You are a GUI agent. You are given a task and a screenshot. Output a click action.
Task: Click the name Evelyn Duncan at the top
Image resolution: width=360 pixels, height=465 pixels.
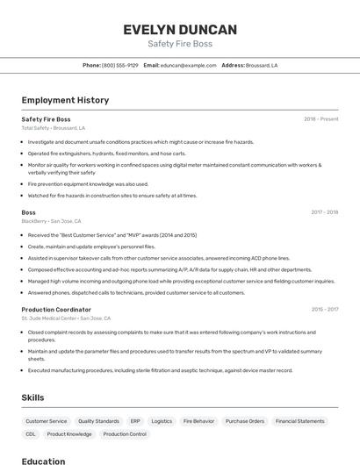[x=180, y=29]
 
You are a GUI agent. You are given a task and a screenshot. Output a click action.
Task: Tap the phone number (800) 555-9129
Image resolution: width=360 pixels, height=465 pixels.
[x=120, y=65]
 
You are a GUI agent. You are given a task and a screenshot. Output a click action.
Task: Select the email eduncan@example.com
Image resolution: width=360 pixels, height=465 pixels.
[x=188, y=65]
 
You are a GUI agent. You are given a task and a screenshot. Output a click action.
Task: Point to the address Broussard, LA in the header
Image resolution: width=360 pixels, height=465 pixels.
[x=262, y=65]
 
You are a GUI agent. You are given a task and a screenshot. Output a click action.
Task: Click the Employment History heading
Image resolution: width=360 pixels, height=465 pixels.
[x=65, y=100]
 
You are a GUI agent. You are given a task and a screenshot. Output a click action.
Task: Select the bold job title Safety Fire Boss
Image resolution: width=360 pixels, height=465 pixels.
[x=46, y=118]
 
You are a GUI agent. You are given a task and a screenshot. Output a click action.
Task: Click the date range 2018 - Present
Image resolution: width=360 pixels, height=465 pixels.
[x=320, y=118]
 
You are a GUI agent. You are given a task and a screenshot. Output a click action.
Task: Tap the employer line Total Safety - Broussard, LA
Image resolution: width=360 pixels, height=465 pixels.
[x=54, y=128]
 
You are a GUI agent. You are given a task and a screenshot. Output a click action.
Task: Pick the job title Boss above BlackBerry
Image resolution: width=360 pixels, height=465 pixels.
[x=29, y=212]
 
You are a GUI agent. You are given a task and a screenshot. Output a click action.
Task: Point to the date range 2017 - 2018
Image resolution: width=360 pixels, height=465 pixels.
[x=324, y=212]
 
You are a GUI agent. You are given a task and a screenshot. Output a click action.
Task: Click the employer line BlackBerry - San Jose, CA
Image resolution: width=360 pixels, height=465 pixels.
[x=51, y=221]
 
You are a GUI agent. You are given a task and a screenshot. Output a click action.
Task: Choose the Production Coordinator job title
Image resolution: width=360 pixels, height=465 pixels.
[x=56, y=310]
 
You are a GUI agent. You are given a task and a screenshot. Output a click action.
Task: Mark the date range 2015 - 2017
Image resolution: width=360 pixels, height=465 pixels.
[x=324, y=310]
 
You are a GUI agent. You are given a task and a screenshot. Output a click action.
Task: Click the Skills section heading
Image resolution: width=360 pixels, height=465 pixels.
[x=33, y=397]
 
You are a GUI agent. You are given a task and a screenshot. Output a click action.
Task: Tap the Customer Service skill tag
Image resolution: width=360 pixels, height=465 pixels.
[x=47, y=421]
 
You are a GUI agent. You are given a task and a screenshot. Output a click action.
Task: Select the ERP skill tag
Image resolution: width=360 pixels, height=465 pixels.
[x=135, y=421]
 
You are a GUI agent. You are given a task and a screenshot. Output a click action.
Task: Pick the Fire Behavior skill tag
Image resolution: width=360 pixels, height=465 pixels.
[x=198, y=421]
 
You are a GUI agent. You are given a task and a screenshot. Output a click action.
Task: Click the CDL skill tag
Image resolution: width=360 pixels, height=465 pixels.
[x=31, y=434]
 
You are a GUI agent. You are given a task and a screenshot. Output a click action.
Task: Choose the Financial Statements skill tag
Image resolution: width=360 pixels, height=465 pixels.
[x=299, y=421]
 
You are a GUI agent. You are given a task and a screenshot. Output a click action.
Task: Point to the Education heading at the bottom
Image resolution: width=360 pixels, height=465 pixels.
[x=43, y=461]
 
